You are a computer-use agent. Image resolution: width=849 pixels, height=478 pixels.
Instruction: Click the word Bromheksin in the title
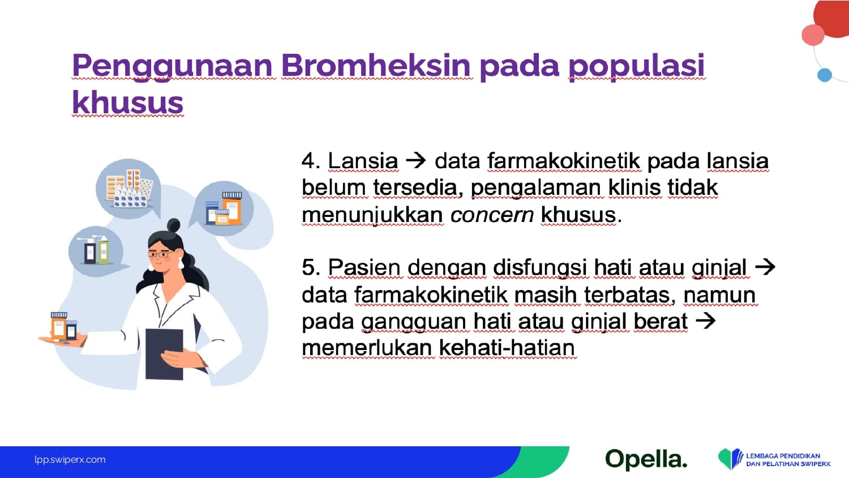(376, 65)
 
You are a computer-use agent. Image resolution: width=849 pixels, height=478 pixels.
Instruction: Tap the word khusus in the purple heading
(128, 103)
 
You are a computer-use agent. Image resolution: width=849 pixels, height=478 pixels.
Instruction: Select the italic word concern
(492, 215)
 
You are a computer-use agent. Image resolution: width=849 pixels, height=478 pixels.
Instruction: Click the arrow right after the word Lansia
(416, 161)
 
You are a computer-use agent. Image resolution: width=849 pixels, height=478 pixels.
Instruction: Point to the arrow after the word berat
(705, 321)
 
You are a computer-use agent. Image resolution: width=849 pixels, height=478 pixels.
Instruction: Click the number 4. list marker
(311, 161)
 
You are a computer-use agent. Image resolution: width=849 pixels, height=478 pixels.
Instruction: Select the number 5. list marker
(311, 267)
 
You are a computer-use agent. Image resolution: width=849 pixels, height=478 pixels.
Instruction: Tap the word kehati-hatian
(507, 348)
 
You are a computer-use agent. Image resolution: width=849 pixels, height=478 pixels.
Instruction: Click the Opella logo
(646, 459)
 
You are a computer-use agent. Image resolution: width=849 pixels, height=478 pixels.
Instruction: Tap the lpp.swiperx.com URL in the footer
(70, 460)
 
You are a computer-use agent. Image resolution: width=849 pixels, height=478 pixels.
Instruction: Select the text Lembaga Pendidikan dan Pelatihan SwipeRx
(788, 460)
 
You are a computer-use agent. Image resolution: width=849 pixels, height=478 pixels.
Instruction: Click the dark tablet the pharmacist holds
(164, 355)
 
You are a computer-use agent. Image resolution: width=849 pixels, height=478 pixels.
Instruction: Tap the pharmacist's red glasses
(160, 254)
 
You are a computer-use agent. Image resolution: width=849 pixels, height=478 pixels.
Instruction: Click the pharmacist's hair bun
(174, 225)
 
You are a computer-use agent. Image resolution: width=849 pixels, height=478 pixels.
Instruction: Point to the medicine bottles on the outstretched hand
(64, 326)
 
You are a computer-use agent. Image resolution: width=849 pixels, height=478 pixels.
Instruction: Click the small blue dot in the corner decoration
(824, 75)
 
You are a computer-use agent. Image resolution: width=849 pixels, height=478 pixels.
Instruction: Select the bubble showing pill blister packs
(128, 189)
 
